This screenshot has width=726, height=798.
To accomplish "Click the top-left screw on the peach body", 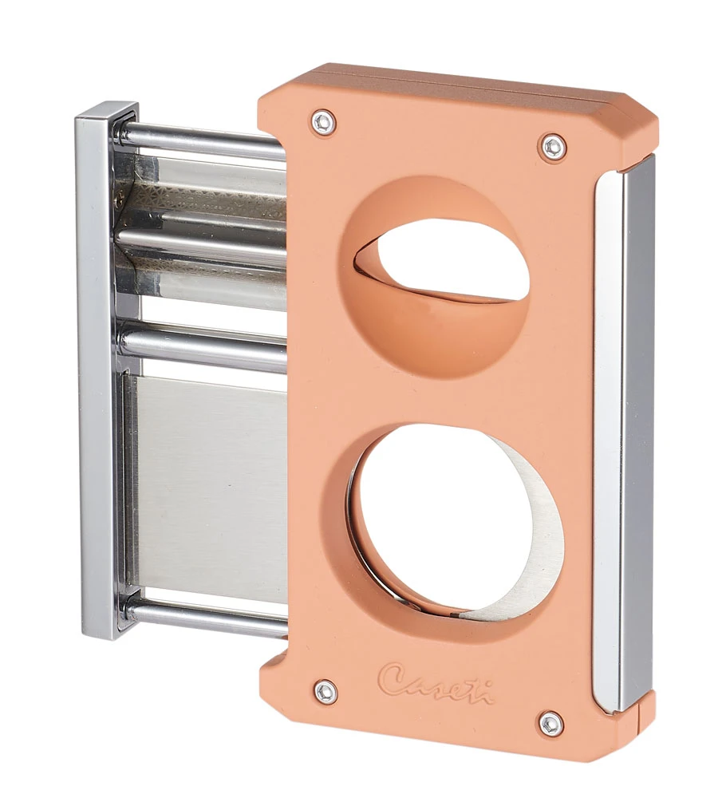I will [x=323, y=122].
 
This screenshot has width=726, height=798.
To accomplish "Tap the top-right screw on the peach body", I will [x=552, y=146].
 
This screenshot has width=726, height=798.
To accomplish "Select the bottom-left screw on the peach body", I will [x=325, y=691].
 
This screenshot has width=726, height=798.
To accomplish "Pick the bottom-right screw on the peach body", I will [x=550, y=723].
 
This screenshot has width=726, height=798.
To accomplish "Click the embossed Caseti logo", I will [x=436, y=682].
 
